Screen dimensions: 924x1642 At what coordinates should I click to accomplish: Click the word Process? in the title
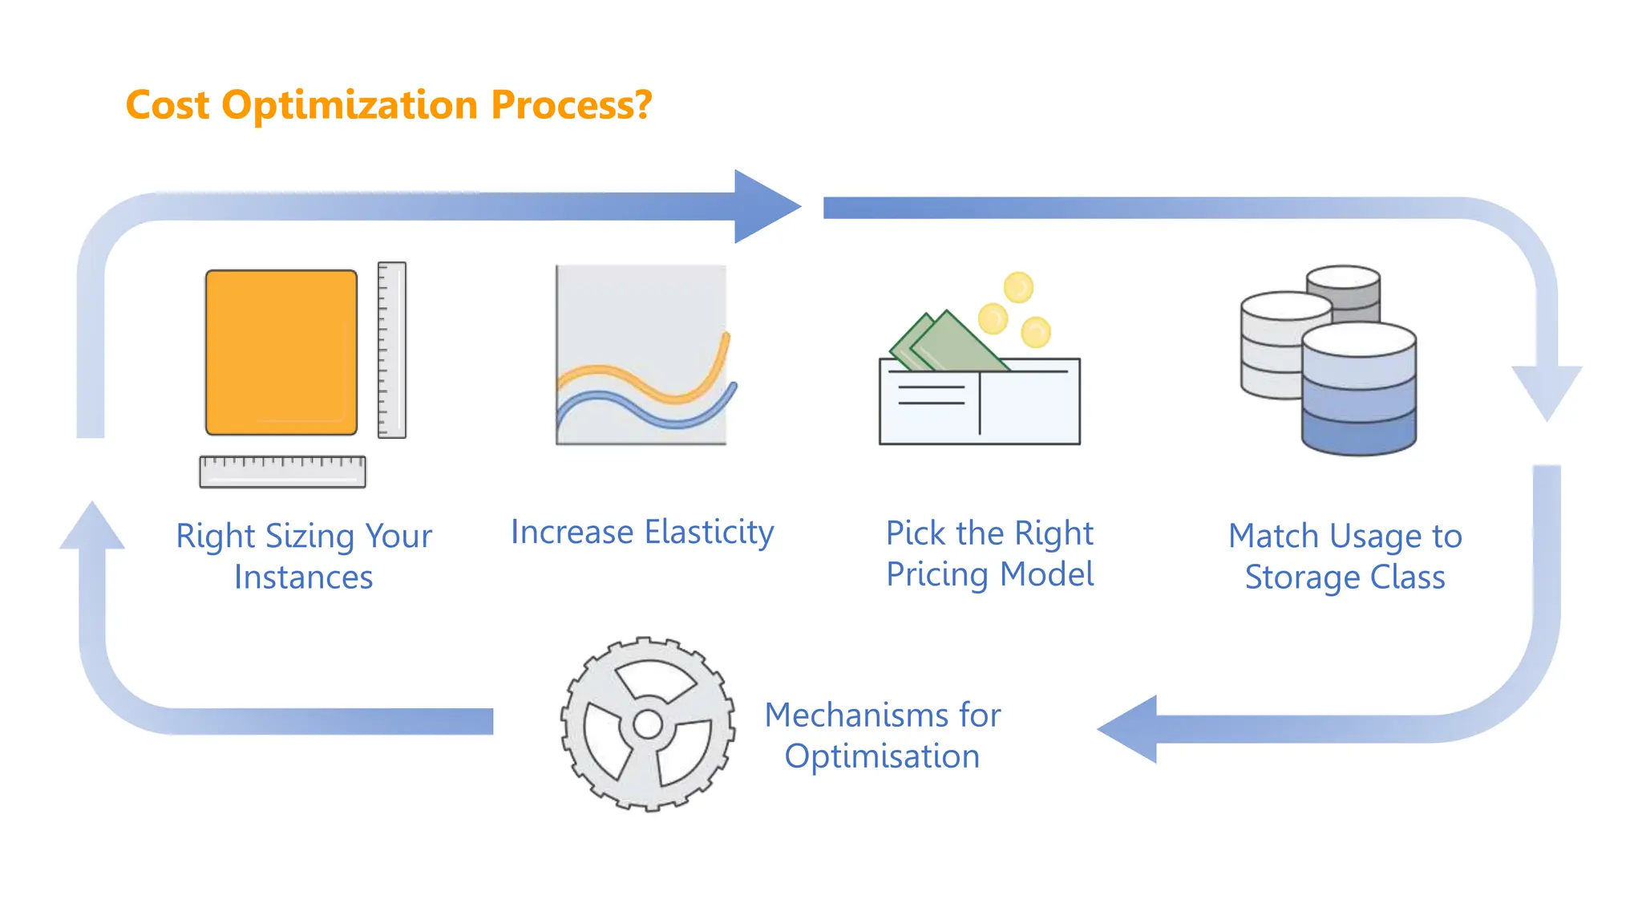pos(571,105)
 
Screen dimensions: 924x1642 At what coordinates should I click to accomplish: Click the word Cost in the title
pos(167,105)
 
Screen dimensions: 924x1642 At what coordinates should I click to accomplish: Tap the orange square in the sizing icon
pos(281,352)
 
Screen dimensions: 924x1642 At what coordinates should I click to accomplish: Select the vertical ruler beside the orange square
pos(391,350)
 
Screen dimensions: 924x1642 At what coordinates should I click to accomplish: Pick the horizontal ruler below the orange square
pos(282,472)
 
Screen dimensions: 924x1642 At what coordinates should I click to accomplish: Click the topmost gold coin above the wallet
pos(1018,287)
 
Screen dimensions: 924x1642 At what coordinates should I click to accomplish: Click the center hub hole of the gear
pos(647,725)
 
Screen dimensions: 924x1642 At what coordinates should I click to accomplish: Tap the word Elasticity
pos(709,532)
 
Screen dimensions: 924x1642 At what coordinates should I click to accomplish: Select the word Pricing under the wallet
pos(937,574)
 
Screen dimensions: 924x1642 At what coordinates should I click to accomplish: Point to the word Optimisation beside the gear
pos(882,756)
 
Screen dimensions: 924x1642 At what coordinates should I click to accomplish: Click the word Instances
pos(303,577)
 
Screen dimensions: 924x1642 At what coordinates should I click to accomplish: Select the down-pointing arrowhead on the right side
pos(1547,390)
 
